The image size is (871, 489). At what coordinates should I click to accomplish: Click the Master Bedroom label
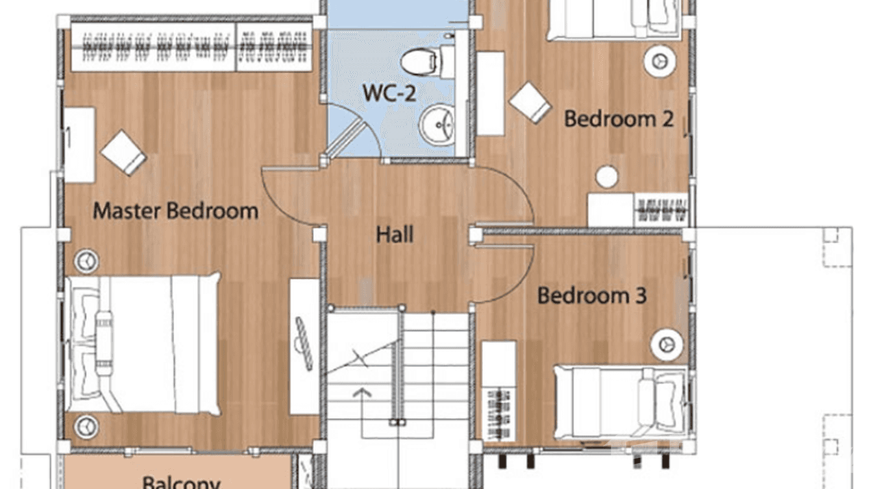(x=175, y=211)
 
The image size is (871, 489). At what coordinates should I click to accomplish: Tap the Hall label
(x=395, y=234)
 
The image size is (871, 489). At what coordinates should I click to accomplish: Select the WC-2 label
(x=389, y=93)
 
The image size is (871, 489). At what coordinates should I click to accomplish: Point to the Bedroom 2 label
(x=618, y=119)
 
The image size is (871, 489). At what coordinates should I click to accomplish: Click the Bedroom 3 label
(x=592, y=296)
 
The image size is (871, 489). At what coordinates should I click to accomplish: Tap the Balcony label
(x=181, y=482)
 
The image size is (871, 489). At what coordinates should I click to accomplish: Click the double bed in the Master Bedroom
(x=143, y=344)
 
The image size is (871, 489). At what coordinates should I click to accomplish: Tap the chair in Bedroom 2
(x=530, y=102)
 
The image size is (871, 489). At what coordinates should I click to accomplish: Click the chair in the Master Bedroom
(x=123, y=152)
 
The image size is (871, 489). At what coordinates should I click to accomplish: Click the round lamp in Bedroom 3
(x=665, y=343)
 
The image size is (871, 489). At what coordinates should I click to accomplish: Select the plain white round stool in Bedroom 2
(x=607, y=176)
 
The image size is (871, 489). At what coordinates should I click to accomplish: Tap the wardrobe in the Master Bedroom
(x=191, y=47)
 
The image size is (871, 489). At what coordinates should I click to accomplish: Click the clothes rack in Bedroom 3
(x=498, y=409)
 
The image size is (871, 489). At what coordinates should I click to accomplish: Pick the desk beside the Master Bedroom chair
(x=79, y=144)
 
